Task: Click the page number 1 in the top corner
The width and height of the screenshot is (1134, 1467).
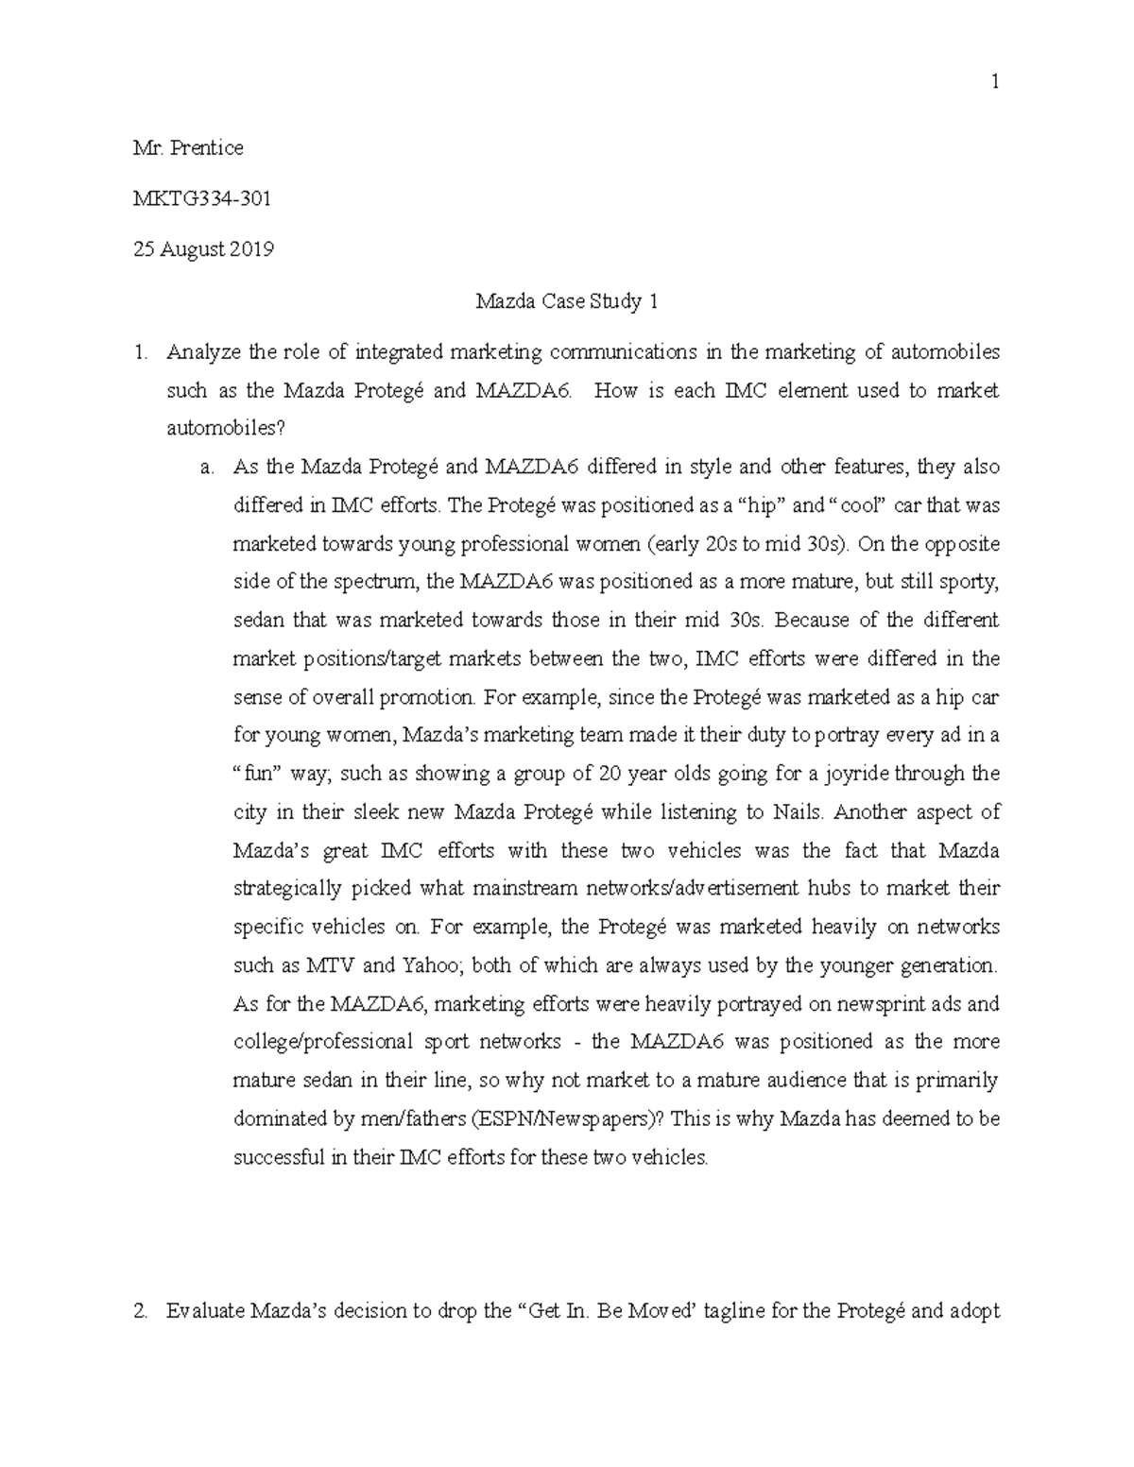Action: coord(994,83)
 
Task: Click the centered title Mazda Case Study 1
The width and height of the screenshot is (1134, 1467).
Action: coord(566,301)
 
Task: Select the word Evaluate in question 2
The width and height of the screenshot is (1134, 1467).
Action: coord(204,1311)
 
